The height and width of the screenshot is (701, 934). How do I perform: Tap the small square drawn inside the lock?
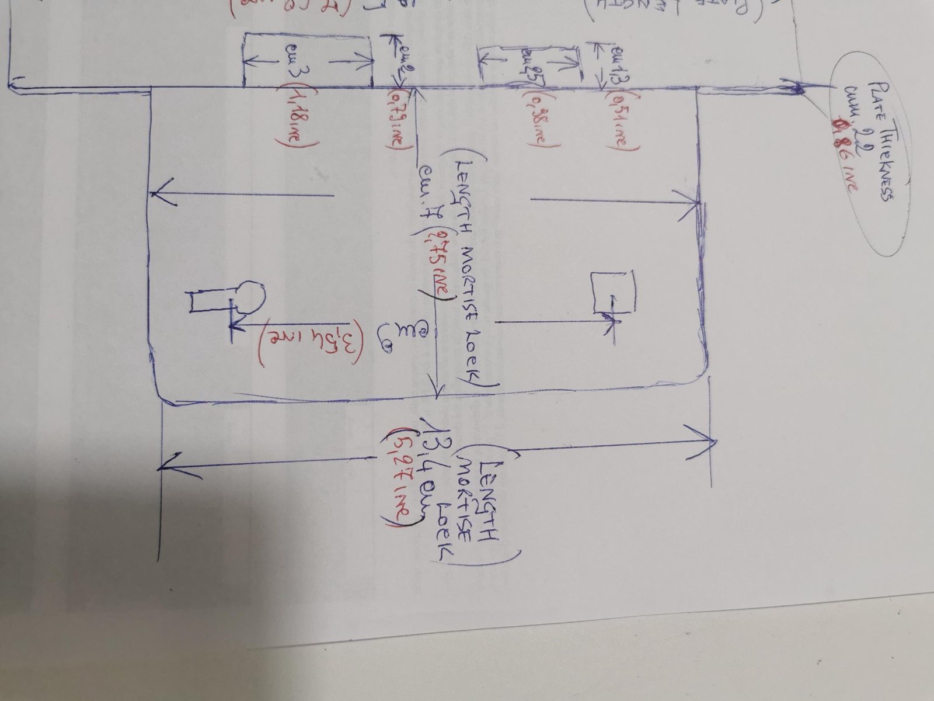[614, 291]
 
